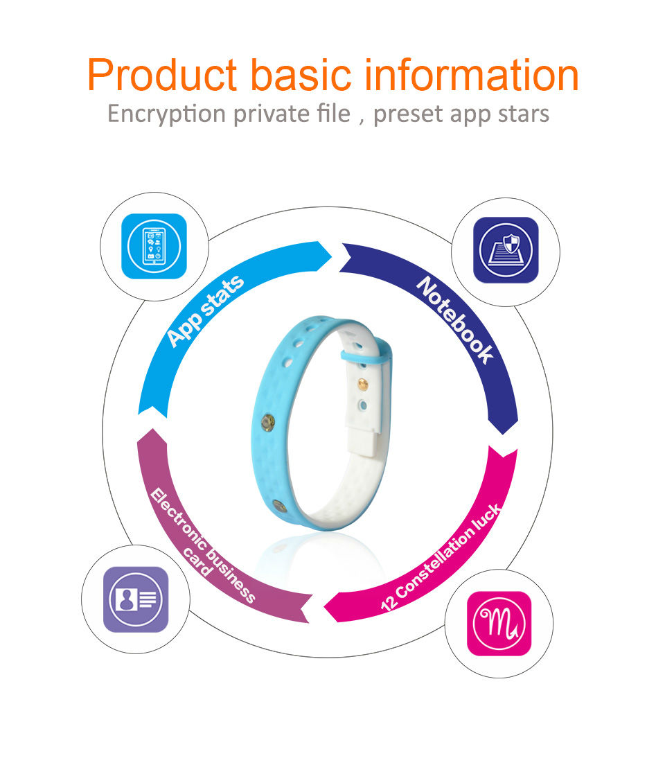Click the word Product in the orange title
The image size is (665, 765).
click(163, 75)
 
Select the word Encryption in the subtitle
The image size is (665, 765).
click(166, 114)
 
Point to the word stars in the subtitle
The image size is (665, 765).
click(524, 114)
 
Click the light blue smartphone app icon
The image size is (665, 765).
click(154, 247)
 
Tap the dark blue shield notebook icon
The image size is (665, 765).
click(506, 250)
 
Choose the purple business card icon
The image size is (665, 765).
click(136, 599)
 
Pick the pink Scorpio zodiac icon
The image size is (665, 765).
click(499, 624)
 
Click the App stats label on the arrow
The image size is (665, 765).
click(206, 310)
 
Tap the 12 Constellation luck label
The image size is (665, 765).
click(441, 557)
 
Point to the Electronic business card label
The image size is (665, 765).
click(201, 545)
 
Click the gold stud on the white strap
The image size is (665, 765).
click(362, 384)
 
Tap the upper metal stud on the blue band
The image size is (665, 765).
click(267, 423)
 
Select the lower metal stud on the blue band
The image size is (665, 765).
click(279, 506)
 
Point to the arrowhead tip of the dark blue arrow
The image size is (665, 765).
click(503, 434)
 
